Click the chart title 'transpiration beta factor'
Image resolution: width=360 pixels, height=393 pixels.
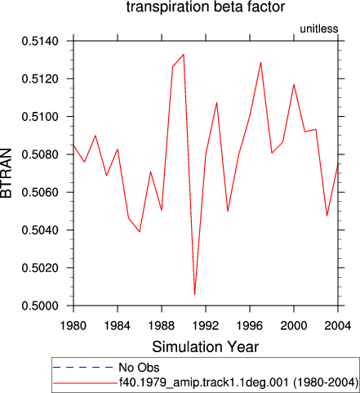[206, 7]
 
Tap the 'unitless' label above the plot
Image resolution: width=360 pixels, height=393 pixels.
[319, 29]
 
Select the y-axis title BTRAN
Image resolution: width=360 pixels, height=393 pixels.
[7, 173]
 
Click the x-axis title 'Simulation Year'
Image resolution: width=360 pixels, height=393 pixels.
[206, 346]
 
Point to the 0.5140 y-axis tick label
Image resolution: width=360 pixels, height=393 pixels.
[40, 41]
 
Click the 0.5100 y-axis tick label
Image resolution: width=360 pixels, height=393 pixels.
[40, 117]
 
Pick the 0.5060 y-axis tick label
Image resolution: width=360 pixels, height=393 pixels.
[40, 192]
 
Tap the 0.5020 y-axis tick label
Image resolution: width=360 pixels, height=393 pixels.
[40, 268]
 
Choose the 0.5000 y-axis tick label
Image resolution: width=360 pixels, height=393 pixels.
[40, 306]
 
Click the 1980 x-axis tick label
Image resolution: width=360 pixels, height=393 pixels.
[73, 325]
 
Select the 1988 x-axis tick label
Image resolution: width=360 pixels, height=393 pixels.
[162, 325]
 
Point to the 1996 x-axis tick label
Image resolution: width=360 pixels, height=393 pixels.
[250, 325]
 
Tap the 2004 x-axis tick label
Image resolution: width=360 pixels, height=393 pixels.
[338, 325]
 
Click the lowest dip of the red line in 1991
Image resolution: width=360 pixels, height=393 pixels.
[194, 294]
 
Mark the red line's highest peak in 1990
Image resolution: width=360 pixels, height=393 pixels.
[184, 54]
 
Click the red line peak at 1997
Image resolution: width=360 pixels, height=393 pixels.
[260, 62]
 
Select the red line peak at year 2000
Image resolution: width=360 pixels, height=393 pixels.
[294, 84]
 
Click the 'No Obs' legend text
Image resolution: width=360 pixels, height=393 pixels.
[139, 368]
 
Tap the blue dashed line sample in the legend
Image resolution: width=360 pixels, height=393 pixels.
[83, 368]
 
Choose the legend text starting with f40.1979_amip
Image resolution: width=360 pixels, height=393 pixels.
[238, 382]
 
